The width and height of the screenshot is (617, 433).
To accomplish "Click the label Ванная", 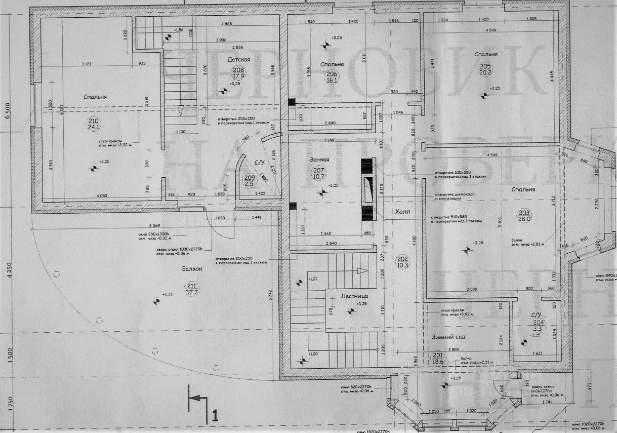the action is coord(320,160).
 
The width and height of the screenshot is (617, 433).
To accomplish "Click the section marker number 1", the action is coord(215,417).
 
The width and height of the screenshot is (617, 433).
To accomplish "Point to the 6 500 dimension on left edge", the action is coord(7,110).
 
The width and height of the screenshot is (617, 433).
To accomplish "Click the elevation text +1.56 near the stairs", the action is coord(178,30).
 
